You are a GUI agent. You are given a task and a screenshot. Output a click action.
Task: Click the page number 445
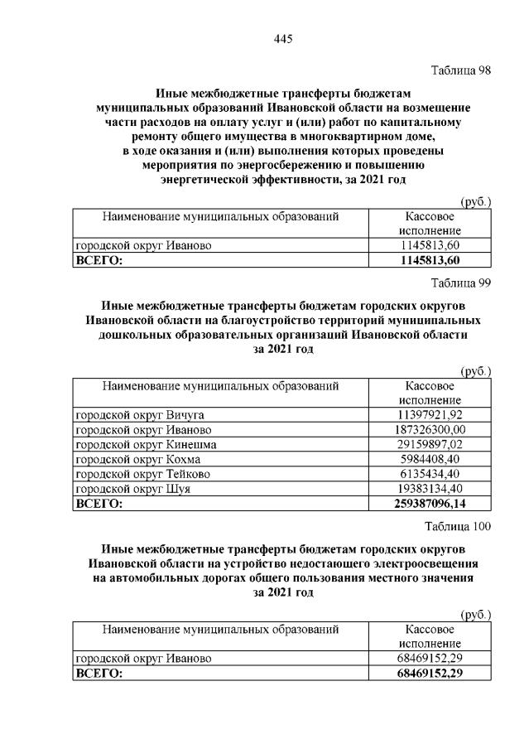(282, 38)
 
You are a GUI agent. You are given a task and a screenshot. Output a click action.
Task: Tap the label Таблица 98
(462, 70)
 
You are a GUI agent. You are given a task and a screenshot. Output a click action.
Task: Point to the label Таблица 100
(459, 526)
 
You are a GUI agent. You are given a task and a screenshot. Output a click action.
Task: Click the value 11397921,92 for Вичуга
(430, 414)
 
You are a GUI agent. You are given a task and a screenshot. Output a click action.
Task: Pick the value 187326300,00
(430, 429)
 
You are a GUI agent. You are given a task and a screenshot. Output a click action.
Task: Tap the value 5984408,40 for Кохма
(430, 459)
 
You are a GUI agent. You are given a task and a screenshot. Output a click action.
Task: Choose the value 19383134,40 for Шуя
(430, 489)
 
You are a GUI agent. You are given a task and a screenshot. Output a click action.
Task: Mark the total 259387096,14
(430, 504)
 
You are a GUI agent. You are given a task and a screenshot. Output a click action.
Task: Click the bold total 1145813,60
(430, 261)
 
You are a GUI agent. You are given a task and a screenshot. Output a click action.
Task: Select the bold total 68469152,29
(430, 674)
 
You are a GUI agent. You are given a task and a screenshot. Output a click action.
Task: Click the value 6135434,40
(430, 474)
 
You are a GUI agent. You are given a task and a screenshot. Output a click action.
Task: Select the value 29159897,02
(430, 444)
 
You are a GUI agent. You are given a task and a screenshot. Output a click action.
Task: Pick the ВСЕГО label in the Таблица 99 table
(99, 504)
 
